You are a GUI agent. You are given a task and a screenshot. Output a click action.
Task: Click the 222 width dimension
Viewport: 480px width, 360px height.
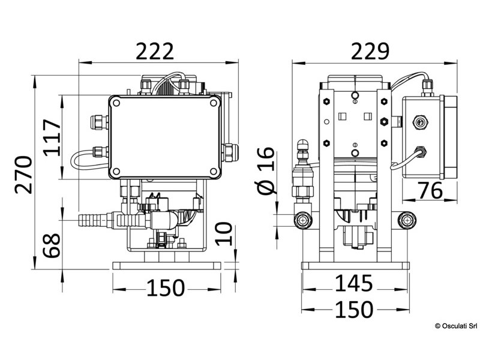[x=155, y=51]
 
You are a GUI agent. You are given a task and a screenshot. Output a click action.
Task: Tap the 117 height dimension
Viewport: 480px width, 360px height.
[x=52, y=137]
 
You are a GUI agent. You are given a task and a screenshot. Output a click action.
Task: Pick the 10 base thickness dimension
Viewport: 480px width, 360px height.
[x=223, y=232]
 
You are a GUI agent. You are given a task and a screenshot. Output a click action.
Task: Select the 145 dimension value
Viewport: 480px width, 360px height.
[x=353, y=282]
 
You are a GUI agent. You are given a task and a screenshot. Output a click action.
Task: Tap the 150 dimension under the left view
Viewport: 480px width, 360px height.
[x=165, y=288]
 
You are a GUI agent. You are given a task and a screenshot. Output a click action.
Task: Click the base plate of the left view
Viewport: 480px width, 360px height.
[x=166, y=265]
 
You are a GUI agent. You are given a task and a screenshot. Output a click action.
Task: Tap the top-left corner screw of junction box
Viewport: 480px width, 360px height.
[x=116, y=103]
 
